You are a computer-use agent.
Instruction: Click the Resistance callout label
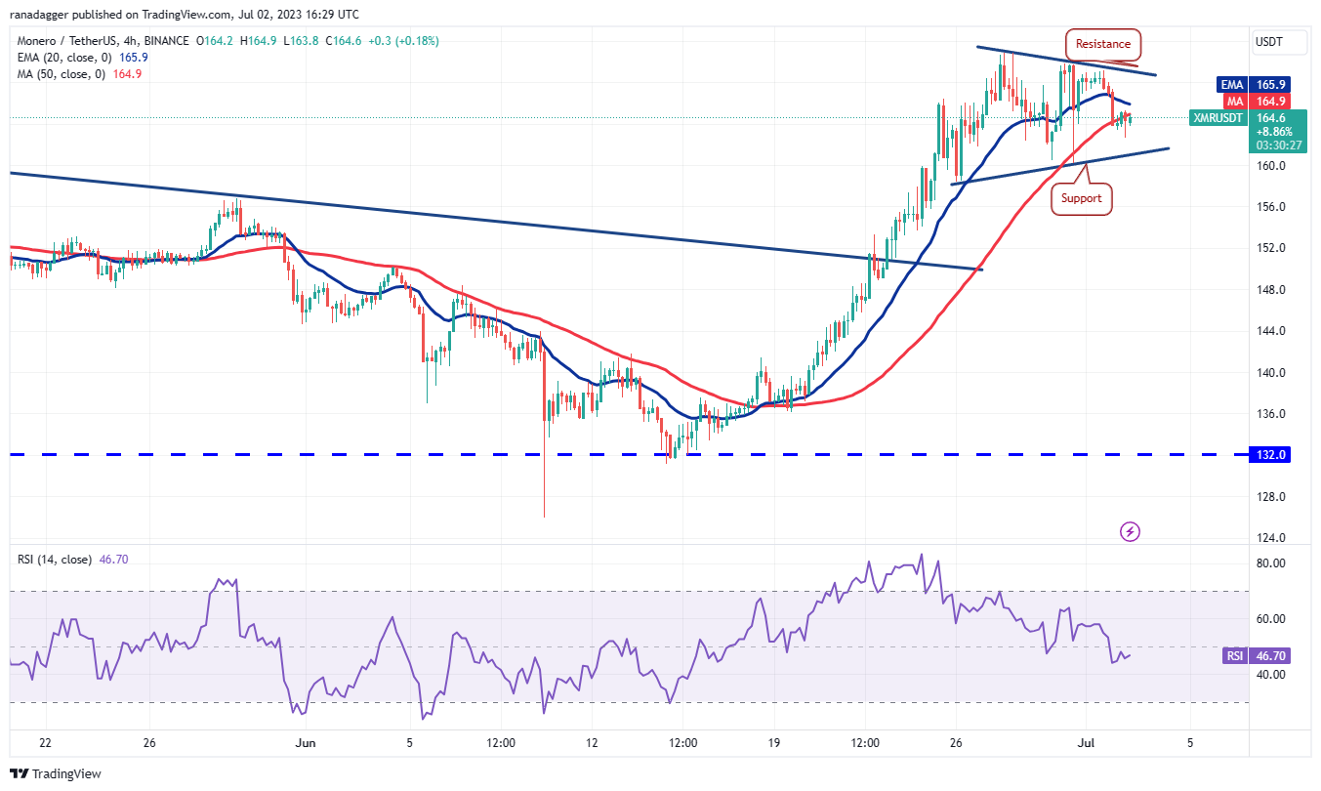(1103, 44)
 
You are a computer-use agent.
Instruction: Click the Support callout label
(1081, 198)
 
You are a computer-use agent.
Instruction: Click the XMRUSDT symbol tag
(1218, 118)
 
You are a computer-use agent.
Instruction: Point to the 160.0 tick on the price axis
(1270, 166)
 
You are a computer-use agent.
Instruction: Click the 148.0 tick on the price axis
(1270, 290)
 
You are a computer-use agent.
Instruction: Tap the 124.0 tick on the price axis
(1270, 538)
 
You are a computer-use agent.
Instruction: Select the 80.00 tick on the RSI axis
(1270, 563)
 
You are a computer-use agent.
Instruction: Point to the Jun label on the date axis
(306, 743)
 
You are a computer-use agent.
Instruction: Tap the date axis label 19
(772, 743)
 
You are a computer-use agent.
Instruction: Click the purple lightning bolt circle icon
(1131, 532)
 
